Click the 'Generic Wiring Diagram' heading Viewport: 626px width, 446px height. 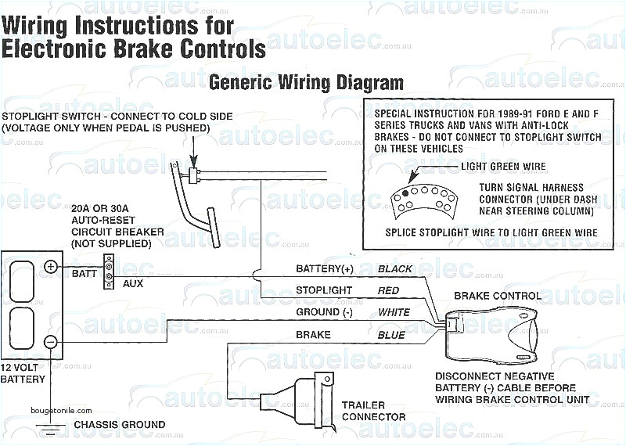[307, 82]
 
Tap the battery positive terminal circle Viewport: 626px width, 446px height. [51, 267]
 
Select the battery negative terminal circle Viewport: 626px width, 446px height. [51, 342]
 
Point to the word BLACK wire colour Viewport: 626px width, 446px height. [395, 269]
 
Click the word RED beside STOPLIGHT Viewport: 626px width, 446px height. [388, 291]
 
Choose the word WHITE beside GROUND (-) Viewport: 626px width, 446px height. [394, 312]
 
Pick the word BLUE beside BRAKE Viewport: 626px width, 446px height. [390, 335]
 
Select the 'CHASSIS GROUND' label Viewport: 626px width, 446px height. [119, 425]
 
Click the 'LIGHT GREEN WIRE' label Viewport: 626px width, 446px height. [503, 166]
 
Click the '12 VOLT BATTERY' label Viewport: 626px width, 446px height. [23, 373]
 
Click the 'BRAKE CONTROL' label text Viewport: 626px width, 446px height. [497, 297]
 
